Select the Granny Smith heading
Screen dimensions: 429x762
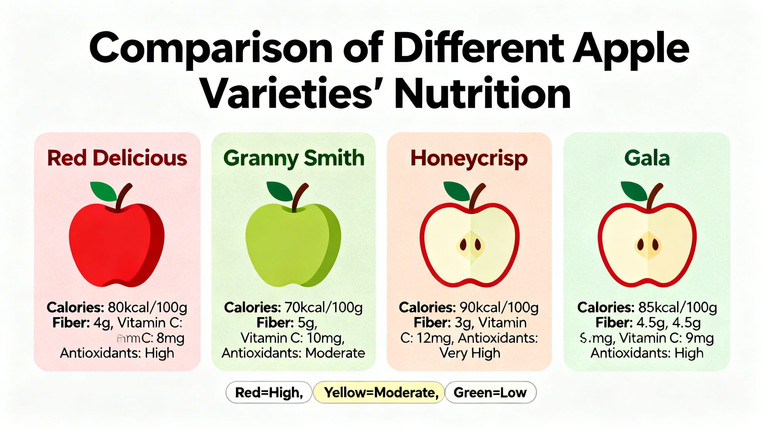[293, 158]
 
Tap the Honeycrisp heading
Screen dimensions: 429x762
[469, 158]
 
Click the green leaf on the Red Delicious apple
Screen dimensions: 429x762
[104, 191]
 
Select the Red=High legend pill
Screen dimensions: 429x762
[269, 392]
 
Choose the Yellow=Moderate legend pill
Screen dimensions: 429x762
[379, 392]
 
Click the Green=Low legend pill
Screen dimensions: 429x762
[490, 392]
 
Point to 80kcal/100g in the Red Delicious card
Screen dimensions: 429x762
[147, 307]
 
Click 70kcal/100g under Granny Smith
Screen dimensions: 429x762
[323, 307]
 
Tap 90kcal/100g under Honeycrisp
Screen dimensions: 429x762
[499, 307]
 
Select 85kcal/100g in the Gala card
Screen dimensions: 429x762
[677, 307]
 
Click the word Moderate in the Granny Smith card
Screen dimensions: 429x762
[335, 353]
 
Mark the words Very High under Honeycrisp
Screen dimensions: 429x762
[470, 353]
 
